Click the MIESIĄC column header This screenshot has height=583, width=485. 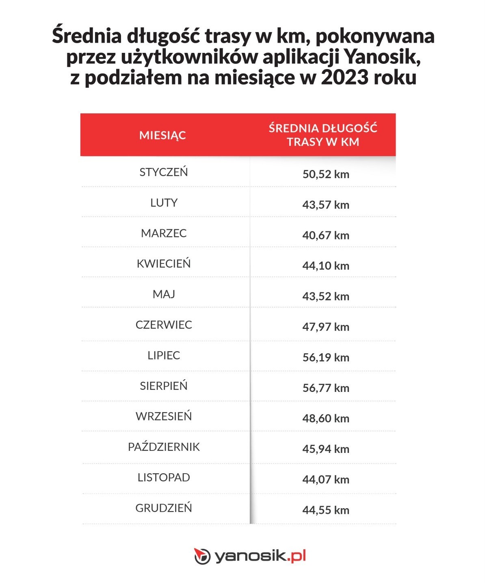[162, 135]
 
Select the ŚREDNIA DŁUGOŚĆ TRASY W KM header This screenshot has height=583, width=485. [323, 135]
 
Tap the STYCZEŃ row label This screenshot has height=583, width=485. [164, 172]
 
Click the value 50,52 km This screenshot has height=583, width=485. [326, 174]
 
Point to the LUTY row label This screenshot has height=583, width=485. [164, 203]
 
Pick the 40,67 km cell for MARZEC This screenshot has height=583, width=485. [326, 235]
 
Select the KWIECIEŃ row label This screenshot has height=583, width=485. [164, 264]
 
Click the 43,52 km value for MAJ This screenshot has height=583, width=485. [326, 296]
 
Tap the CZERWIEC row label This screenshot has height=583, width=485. [164, 325]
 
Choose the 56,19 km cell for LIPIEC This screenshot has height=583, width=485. [326, 357]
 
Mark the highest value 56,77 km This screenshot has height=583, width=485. [326, 388]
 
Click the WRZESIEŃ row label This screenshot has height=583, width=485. [164, 416]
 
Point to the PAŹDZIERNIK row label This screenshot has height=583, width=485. [164, 447]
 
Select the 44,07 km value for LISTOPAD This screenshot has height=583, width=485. [326, 479]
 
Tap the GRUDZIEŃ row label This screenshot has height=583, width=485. [164, 508]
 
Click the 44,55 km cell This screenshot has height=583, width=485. [326, 510]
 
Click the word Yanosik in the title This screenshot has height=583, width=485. [382, 57]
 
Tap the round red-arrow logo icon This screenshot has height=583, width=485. [202, 556]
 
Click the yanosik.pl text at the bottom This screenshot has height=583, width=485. [260, 556]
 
